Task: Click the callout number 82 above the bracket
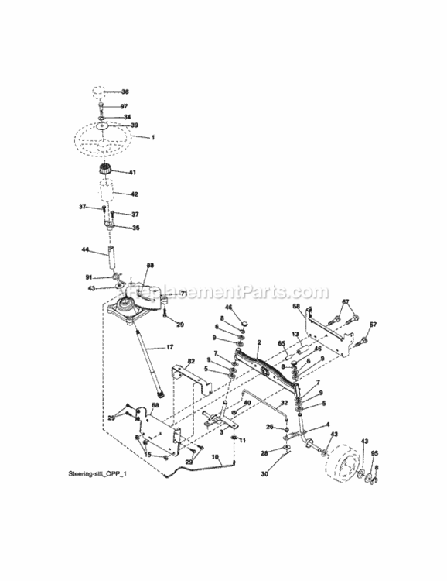point(190,362)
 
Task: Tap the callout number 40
point(247,403)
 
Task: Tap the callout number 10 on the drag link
point(215,457)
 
